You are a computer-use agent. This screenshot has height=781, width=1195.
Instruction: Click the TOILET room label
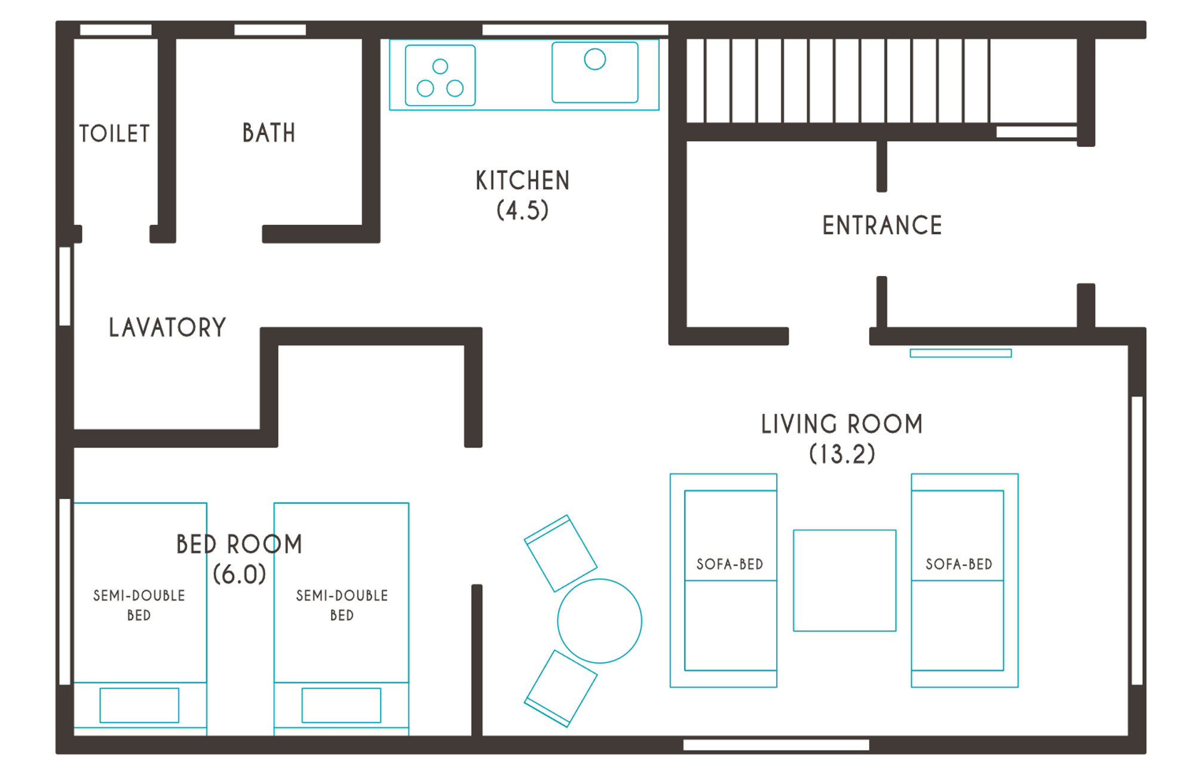tap(114, 133)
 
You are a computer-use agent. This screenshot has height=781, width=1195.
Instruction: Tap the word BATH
tap(269, 133)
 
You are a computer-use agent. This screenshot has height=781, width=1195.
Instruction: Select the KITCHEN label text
tap(523, 180)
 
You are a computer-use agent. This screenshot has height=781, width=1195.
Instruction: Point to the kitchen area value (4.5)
tap(523, 210)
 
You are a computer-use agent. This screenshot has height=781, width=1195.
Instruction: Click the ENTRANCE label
tap(882, 225)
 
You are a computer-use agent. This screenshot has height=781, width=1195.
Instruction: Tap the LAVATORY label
tap(167, 327)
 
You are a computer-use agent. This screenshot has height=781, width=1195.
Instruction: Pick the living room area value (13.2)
tap(842, 454)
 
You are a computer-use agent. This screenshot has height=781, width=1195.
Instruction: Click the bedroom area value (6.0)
tap(240, 574)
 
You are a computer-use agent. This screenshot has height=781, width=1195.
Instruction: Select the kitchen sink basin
tap(595, 72)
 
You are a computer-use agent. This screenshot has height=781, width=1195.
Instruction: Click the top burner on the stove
tap(440, 66)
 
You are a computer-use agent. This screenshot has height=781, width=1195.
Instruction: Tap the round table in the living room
tap(599, 621)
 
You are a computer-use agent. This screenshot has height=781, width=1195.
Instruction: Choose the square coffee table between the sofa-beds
tap(844, 580)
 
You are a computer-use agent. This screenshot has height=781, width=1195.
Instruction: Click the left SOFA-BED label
tap(730, 564)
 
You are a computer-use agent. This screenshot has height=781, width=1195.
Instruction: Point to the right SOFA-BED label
tap(958, 564)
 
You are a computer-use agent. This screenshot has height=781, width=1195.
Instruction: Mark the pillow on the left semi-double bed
tap(139, 705)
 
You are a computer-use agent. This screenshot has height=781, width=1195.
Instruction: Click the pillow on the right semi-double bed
tap(341, 705)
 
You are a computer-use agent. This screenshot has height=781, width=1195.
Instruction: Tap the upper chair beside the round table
tap(560, 553)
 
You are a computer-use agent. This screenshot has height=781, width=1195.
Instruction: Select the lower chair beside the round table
tap(560, 688)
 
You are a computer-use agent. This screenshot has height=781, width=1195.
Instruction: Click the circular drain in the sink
tap(595, 59)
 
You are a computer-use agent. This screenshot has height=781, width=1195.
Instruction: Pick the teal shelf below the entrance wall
tap(961, 353)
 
